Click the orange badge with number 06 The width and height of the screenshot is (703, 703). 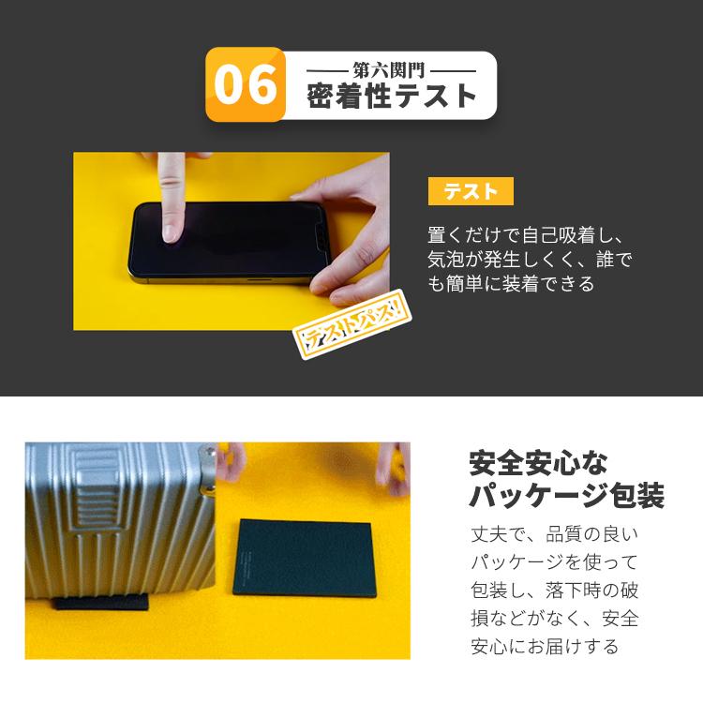click(x=246, y=85)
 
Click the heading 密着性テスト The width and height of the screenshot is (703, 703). click(x=392, y=97)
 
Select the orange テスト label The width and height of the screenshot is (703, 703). click(x=471, y=191)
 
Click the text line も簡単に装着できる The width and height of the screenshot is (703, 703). click(x=511, y=283)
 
